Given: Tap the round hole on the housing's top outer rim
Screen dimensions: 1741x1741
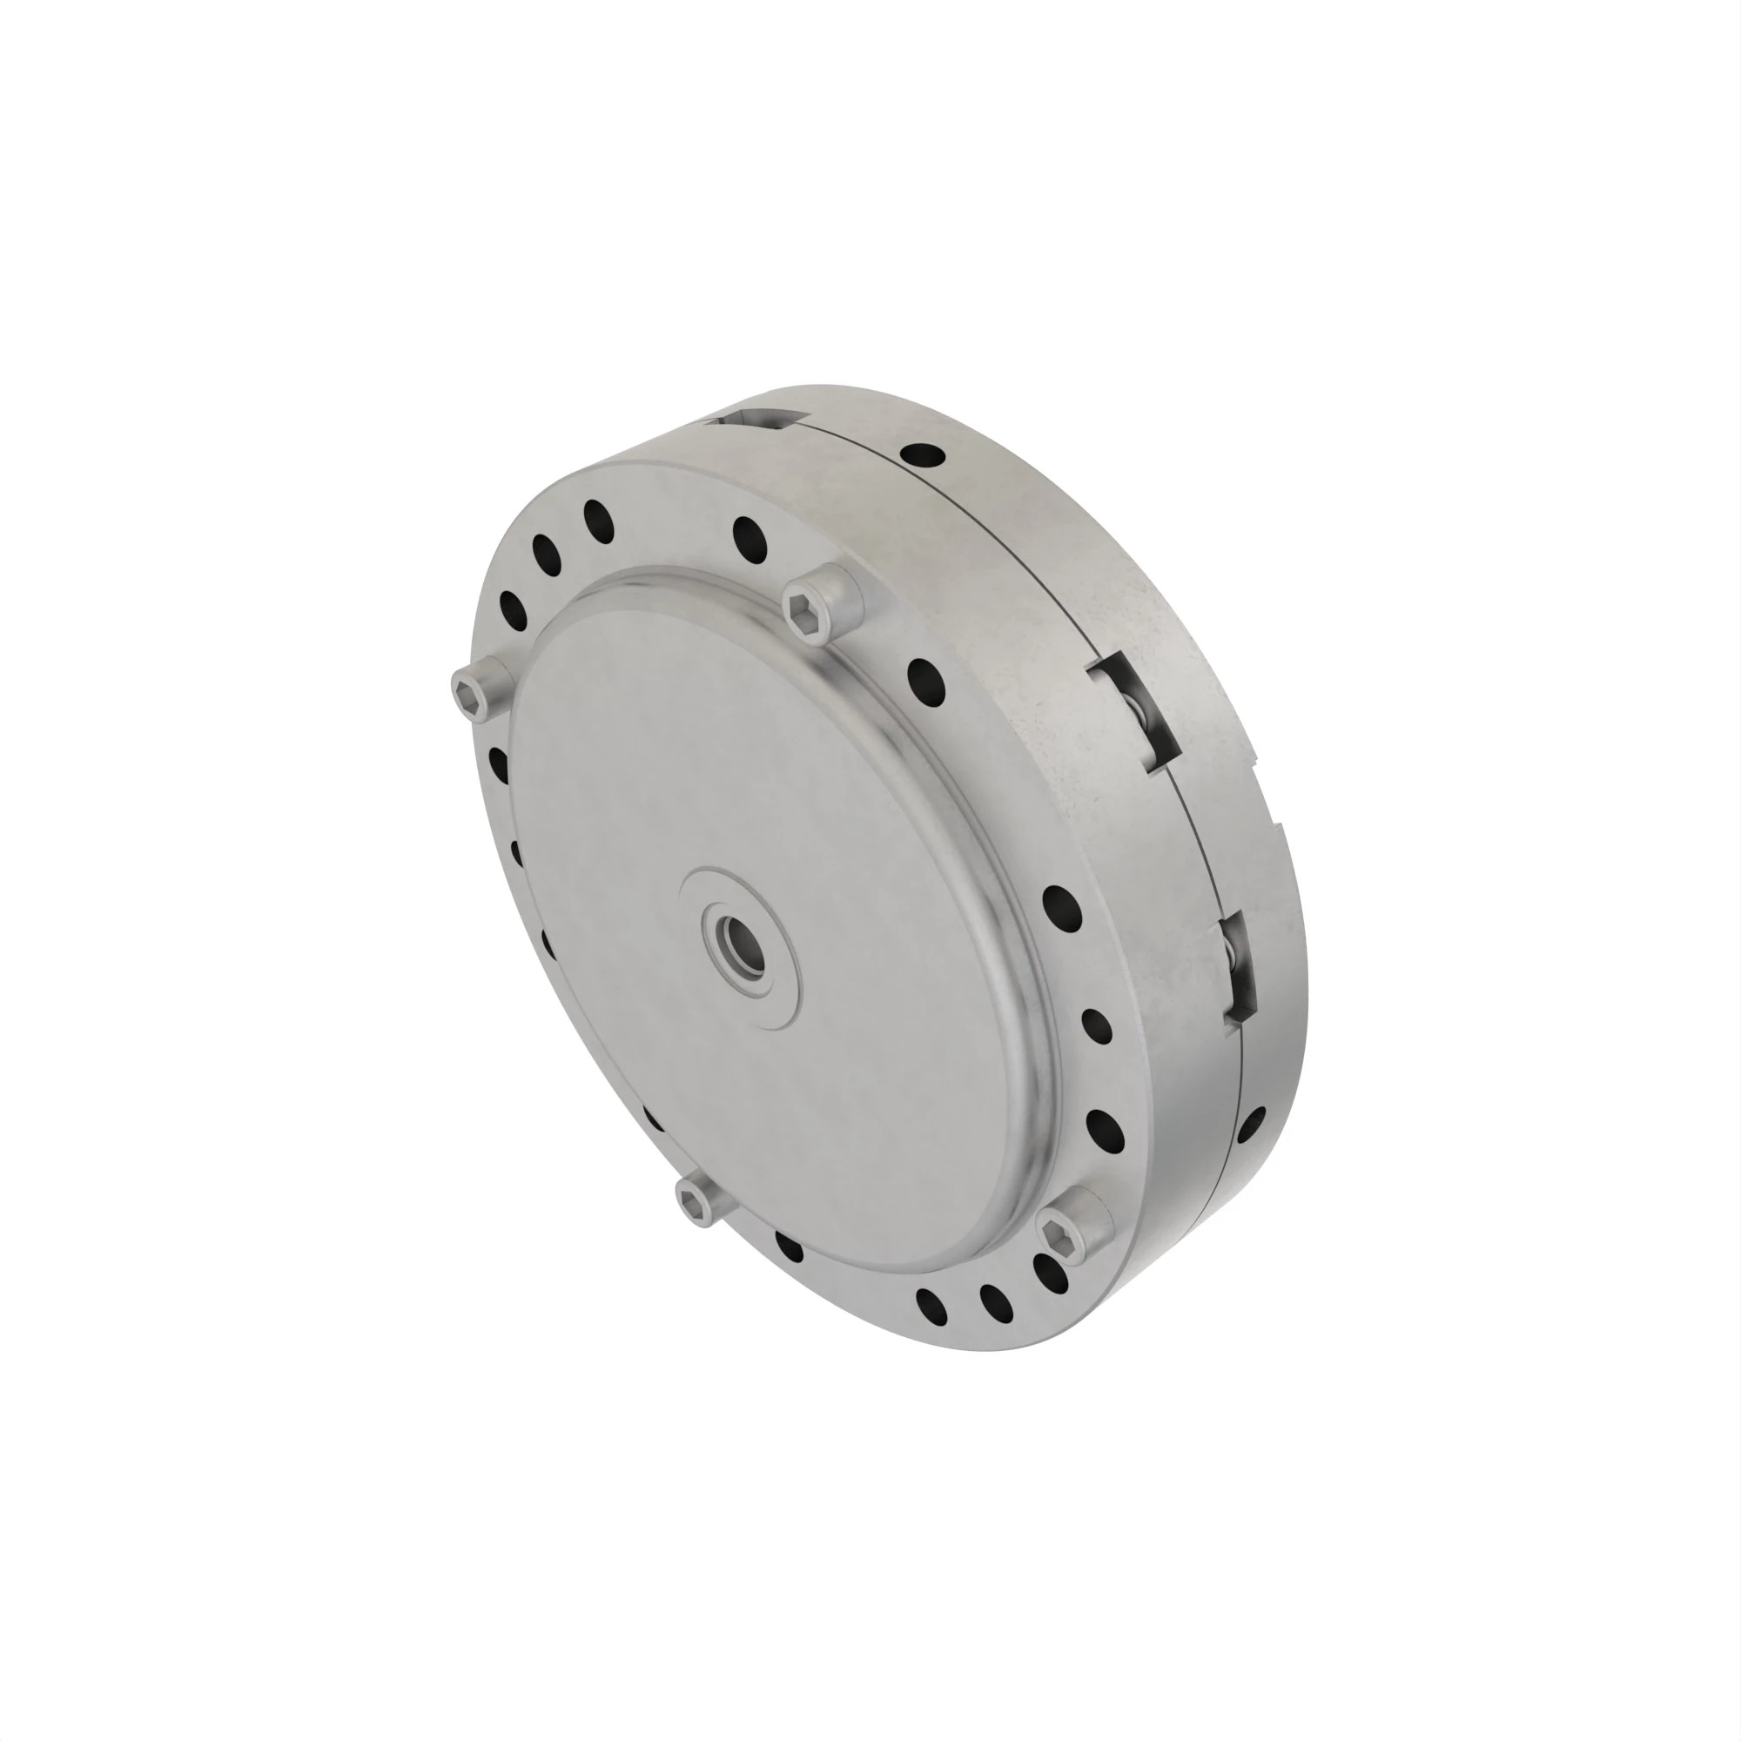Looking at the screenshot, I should pyautogui.click(x=923, y=454).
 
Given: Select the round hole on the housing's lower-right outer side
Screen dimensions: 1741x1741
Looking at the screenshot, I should pyautogui.click(x=1251, y=1126).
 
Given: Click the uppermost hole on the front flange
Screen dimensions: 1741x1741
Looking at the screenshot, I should pyautogui.click(x=598, y=519).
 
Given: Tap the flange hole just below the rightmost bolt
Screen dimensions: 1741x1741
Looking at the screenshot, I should pyautogui.click(x=1050, y=1272).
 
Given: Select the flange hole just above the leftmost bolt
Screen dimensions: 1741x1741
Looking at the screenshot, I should pyautogui.click(x=513, y=610).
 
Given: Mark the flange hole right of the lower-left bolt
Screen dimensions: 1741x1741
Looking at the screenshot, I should pyautogui.click(x=789, y=1247).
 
